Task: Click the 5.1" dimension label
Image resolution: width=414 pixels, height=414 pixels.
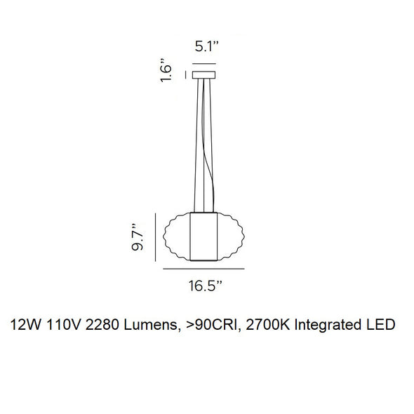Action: click(x=207, y=48)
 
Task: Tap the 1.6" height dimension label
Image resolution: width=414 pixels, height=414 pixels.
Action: click(x=166, y=70)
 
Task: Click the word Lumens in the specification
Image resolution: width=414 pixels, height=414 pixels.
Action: click(x=153, y=324)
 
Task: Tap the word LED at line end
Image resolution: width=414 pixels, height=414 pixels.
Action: click(x=380, y=324)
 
